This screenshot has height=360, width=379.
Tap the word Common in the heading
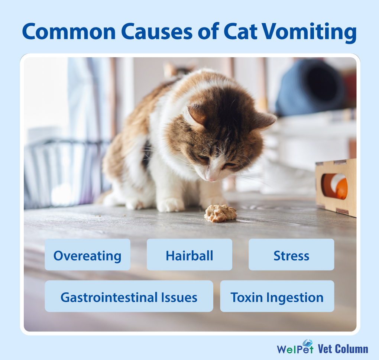pyautogui.click(x=69, y=32)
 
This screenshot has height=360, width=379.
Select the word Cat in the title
pyautogui.click(x=240, y=32)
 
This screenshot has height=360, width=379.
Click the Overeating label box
pyautogui.click(x=87, y=254)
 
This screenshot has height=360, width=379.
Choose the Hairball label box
pyautogui.click(x=189, y=254)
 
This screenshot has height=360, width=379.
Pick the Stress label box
pyautogui.click(x=292, y=254)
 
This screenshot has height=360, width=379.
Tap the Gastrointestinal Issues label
pyautogui.click(x=129, y=296)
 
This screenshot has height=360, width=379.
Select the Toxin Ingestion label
pyautogui.click(x=277, y=296)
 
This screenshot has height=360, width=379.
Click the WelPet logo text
pyautogui.click(x=295, y=347)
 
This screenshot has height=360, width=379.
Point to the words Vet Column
pyautogui.click(x=343, y=349)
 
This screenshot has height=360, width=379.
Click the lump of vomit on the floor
pyautogui.click(x=220, y=213)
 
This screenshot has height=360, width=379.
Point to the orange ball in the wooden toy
pyautogui.click(x=341, y=188)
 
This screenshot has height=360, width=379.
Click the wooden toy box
pyautogui.click(x=336, y=187)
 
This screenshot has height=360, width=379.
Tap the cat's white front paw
pyautogui.click(x=171, y=205)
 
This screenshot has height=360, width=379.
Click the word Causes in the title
pyautogui.click(x=157, y=32)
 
